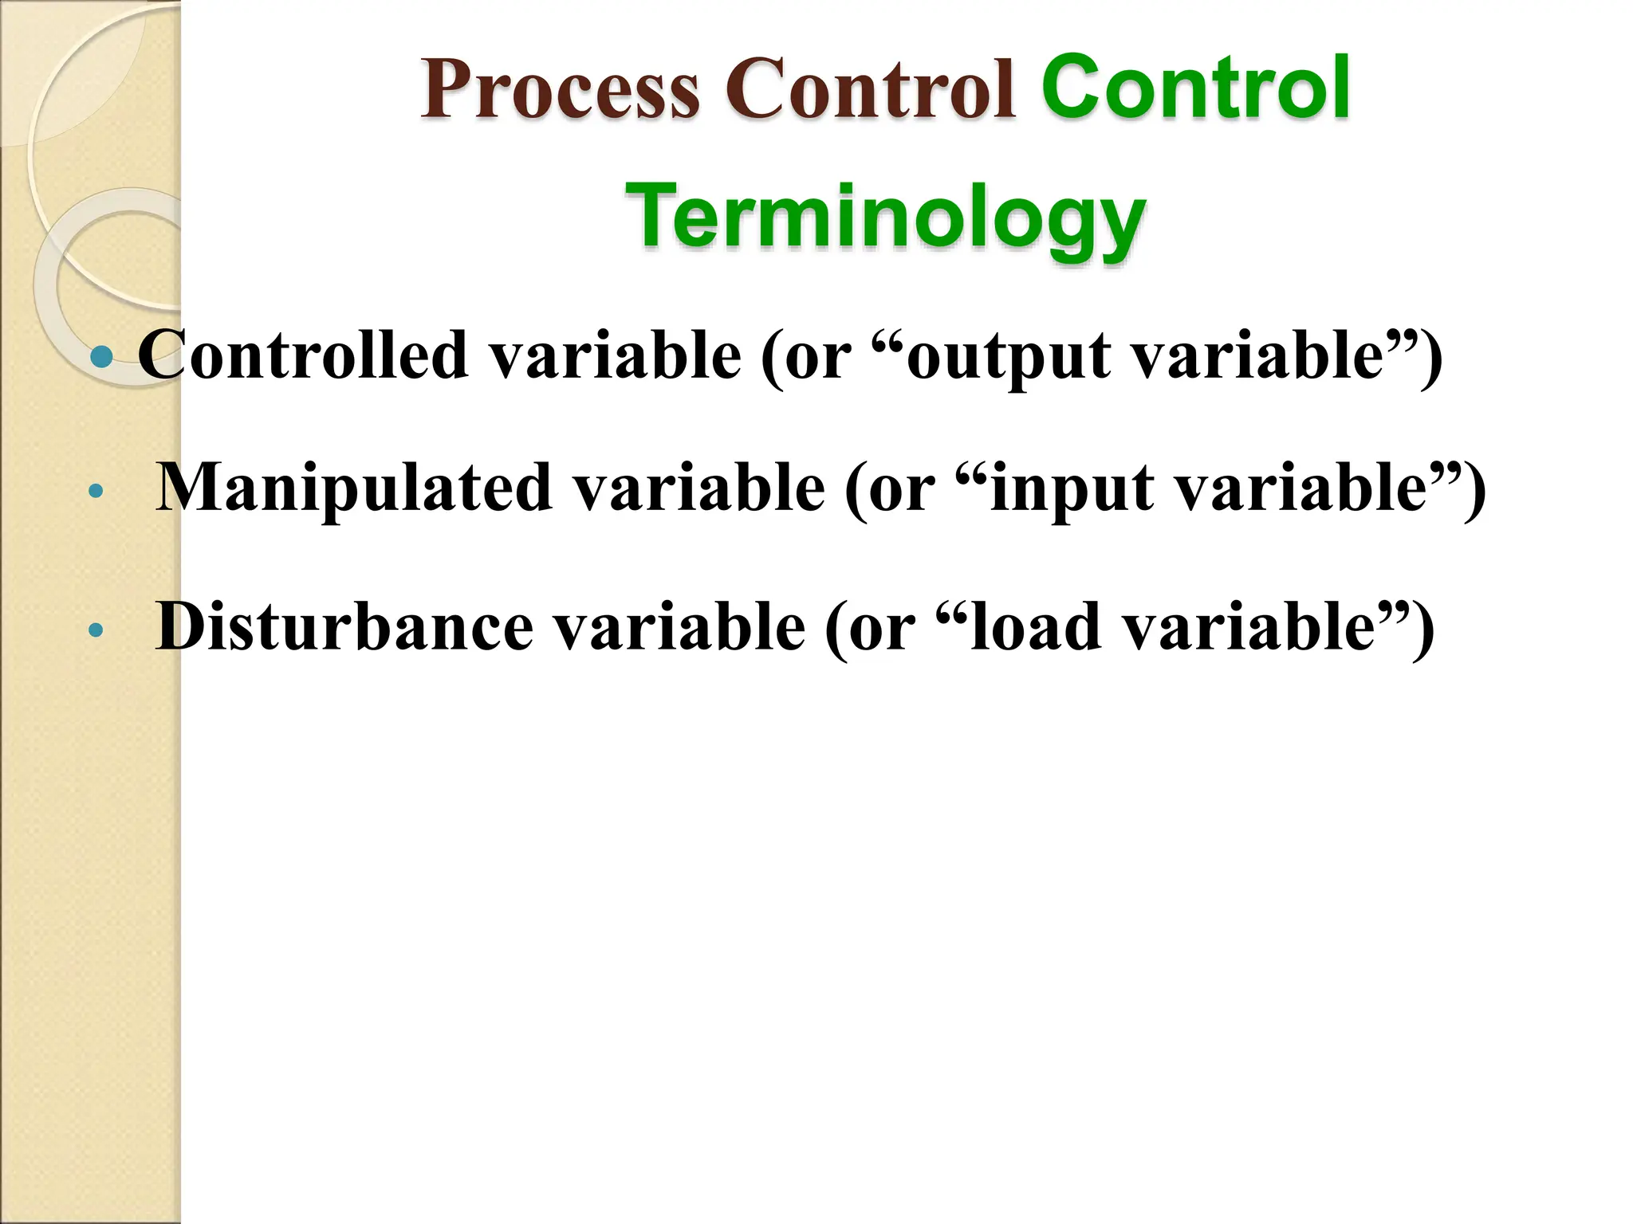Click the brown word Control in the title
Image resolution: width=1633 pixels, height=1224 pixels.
(870, 89)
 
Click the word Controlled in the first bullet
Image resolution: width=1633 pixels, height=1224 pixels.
(302, 355)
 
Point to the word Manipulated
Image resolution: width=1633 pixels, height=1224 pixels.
(354, 488)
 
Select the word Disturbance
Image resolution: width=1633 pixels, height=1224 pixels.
(344, 627)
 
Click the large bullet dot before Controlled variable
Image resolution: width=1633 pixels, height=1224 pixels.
(102, 356)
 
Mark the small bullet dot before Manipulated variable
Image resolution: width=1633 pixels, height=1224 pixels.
(96, 492)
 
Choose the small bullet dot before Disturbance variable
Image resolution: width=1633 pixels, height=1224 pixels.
(96, 631)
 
